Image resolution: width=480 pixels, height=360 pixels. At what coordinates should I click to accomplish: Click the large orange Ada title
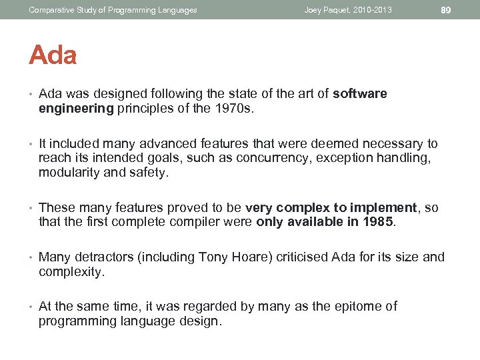[x=53, y=55]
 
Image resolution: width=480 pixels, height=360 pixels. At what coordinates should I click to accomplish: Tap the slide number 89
[x=447, y=9]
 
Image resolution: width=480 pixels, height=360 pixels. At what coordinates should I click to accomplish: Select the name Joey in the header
[x=314, y=10]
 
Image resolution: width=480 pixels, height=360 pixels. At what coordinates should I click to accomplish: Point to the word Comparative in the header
[x=50, y=10]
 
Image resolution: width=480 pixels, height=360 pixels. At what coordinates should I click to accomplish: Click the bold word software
[x=360, y=93]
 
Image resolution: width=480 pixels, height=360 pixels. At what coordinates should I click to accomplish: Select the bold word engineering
[x=76, y=109]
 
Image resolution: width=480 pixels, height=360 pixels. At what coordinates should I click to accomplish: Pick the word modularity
[x=69, y=173]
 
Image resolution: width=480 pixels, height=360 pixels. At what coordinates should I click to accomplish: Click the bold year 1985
[x=380, y=222]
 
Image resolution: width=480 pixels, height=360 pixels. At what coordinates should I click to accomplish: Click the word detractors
[x=102, y=257]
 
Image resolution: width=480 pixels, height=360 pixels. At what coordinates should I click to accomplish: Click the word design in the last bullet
[x=200, y=321]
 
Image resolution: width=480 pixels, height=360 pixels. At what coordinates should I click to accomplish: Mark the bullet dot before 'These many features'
[x=31, y=208]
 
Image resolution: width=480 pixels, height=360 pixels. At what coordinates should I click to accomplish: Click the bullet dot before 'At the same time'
[x=31, y=307]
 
